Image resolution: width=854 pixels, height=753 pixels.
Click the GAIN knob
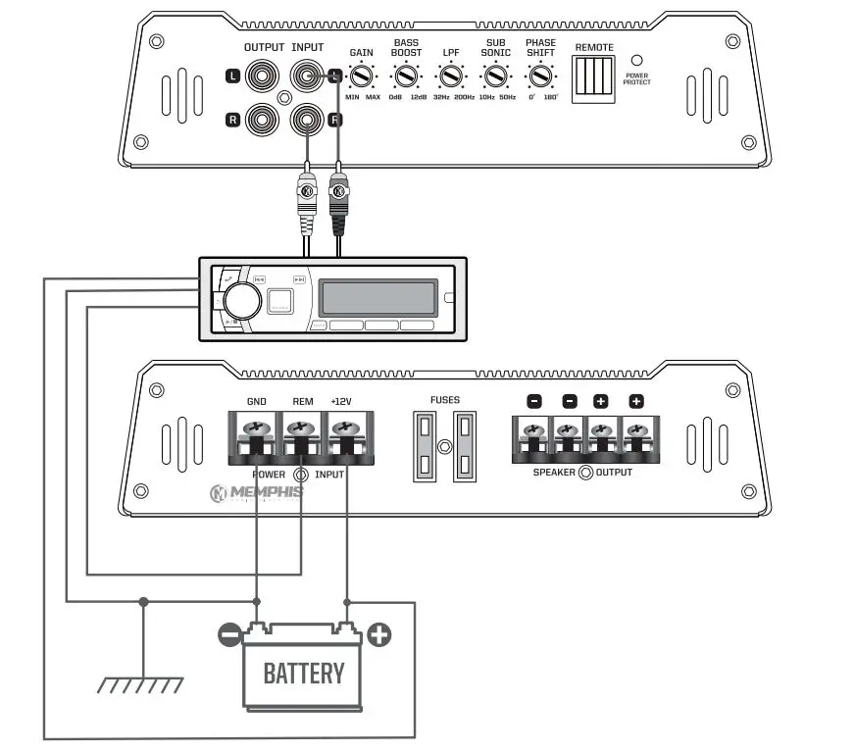tap(361, 75)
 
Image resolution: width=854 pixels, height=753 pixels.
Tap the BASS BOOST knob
tap(405, 75)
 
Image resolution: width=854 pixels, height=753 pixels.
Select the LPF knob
tap(451, 75)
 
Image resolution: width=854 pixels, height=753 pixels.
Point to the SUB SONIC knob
tap(496, 75)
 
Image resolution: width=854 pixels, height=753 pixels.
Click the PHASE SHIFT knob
tap(539, 75)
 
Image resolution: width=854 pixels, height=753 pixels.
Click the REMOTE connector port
tap(594, 75)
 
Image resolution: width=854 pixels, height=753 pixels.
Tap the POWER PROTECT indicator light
tap(636, 60)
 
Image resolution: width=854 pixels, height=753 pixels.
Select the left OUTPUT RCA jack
tap(263, 75)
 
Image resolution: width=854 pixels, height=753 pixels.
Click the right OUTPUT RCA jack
tap(263, 120)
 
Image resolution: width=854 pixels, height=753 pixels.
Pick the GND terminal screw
tap(256, 428)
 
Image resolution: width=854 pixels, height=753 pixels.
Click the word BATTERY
tap(304, 673)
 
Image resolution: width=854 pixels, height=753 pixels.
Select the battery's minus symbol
tap(229, 635)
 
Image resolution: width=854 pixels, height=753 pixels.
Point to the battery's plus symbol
tap(378, 635)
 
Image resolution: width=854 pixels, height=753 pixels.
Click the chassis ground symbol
tap(143, 684)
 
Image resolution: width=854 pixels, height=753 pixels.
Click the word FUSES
tap(444, 400)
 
